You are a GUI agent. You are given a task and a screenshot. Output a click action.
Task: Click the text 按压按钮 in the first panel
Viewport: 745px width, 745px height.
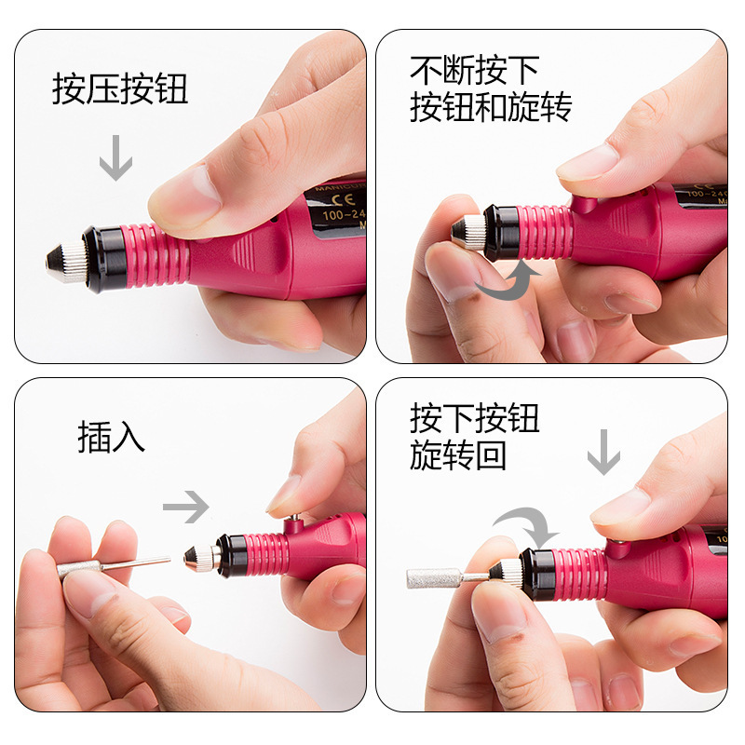coord(120,90)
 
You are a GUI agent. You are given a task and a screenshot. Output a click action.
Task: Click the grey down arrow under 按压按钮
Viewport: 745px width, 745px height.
coord(115,157)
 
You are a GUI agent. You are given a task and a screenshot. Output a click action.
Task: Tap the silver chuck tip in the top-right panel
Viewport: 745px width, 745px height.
coord(467,232)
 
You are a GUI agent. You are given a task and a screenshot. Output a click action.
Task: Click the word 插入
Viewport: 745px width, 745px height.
coord(112,438)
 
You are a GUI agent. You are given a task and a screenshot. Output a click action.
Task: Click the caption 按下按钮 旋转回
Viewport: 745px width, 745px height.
coord(474,438)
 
